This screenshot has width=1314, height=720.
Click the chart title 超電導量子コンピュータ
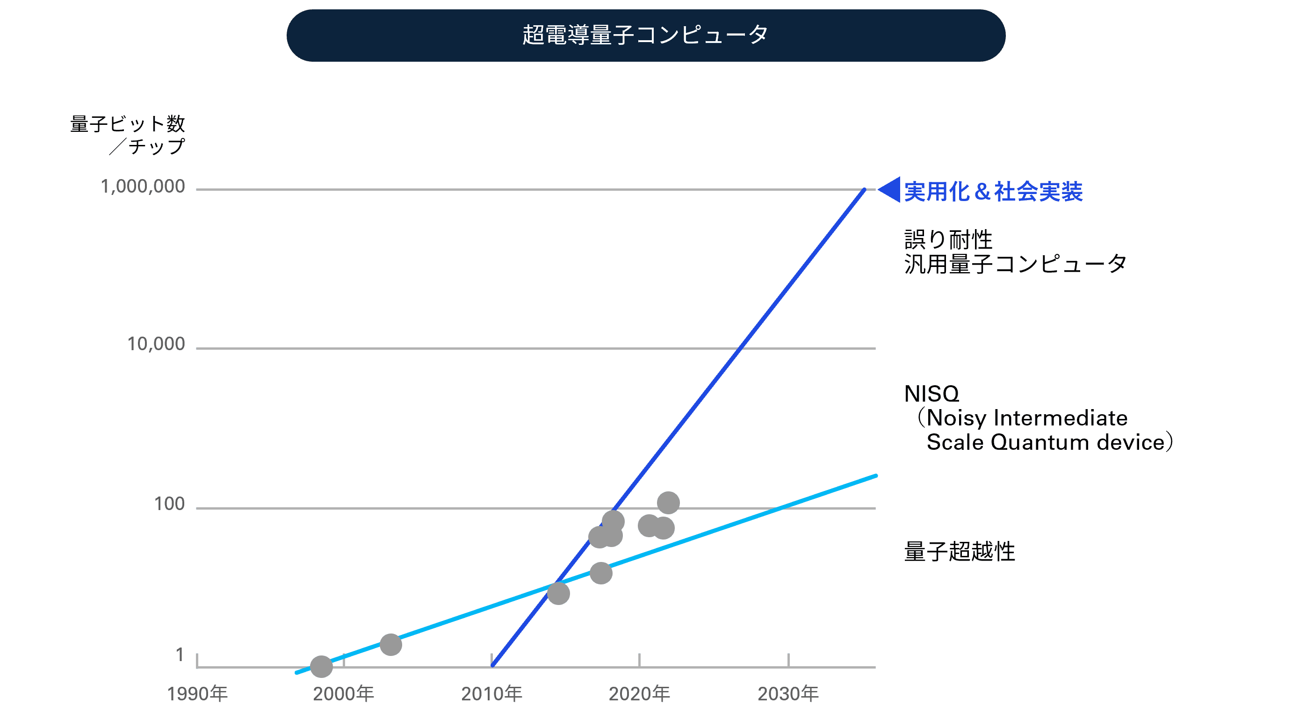tap(645, 35)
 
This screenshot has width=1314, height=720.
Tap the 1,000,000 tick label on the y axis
tap(143, 187)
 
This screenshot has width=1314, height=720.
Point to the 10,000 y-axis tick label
tap(156, 344)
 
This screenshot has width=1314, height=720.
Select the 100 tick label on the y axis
tap(169, 504)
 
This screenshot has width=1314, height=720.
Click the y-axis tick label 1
tap(180, 655)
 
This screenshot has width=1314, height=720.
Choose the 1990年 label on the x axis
tap(197, 694)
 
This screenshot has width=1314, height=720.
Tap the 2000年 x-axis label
tap(343, 694)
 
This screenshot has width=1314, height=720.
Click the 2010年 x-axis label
tap(491, 694)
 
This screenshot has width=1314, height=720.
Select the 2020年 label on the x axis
tap(639, 694)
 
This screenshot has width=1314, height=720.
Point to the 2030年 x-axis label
tap(788, 694)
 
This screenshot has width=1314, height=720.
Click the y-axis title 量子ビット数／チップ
tap(128, 135)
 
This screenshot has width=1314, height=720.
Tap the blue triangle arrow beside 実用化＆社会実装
tap(889, 190)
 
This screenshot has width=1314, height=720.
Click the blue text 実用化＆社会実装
tap(993, 192)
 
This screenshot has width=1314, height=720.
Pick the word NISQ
tap(931, 394)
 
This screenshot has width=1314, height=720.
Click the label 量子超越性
tap(960, 552)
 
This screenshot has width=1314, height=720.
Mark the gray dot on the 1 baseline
tap(321, 666)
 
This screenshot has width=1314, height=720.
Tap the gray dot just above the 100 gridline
tap(668, 503)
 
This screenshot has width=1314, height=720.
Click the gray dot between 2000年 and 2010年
tap(391, 645)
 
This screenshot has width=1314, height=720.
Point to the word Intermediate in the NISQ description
tap(1061, 418)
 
